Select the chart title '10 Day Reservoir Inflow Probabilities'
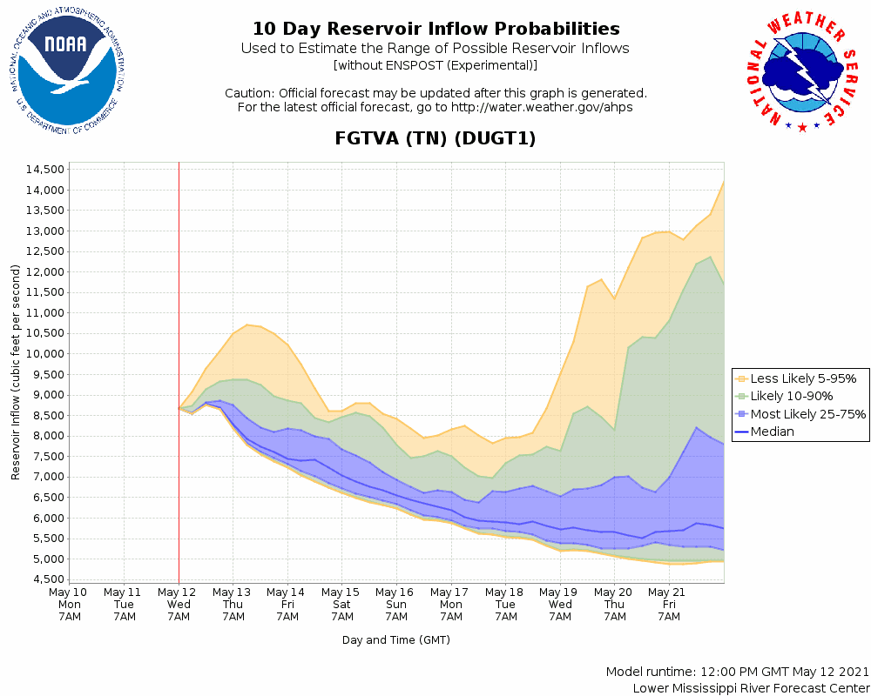click(x=435, y=30)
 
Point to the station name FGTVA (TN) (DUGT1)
click(x=435, y=138)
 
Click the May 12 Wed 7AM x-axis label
click(x=179, y=604)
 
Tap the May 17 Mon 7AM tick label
click(x=451, y=604)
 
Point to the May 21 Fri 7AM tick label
click(x=669, y=604)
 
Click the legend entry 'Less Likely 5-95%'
click(x=802, y=378)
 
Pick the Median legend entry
click(x=771, y=432)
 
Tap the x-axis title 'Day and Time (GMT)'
click(x=396, y=640)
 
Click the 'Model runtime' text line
click(x=737, y=673)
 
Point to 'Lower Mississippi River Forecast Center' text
click(x=751, y=688)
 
